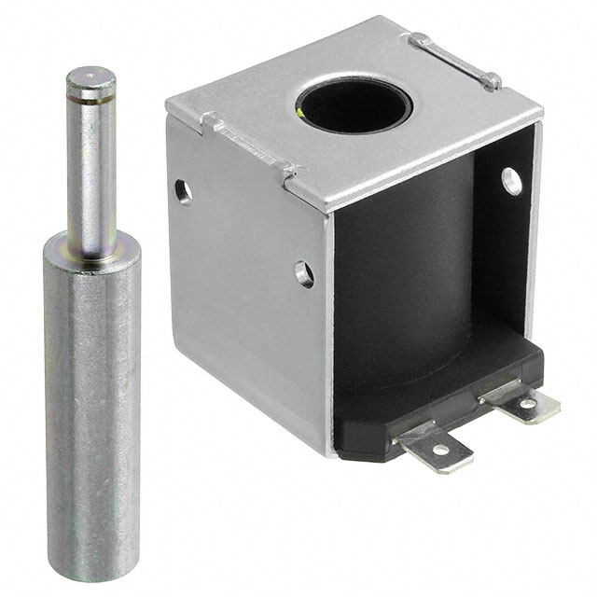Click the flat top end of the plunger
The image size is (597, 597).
pos(90,76)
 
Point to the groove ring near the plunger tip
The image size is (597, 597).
pos(91,94)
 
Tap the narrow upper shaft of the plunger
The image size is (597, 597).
pos(91,159)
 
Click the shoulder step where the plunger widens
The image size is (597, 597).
pos(91,244)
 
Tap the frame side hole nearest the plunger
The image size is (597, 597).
pos(184,191)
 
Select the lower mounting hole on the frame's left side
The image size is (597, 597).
pos(304,273)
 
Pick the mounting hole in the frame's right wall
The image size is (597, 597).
pos(512,180)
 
